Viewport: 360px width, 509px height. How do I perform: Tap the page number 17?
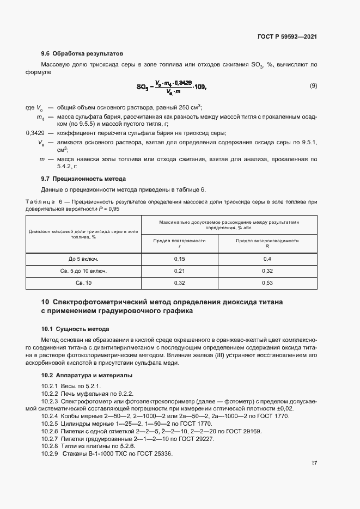tap(314, 463)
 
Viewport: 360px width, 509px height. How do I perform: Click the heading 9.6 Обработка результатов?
tap(82, 54)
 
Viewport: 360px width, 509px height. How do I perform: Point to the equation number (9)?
tap(313, 86)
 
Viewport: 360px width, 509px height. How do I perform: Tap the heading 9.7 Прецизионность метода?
tap(83, 179)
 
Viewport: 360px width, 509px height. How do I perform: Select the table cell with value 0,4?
tap(267, 259)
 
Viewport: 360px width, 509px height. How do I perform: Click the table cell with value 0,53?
tap(267, 283)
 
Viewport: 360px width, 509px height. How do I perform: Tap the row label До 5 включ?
tap(83, 259)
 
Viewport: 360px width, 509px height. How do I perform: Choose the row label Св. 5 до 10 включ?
tap(83, 271)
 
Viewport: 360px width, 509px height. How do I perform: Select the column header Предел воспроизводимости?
tap(267, 240)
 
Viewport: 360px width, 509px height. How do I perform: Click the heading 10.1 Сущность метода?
tap(75, 329)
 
